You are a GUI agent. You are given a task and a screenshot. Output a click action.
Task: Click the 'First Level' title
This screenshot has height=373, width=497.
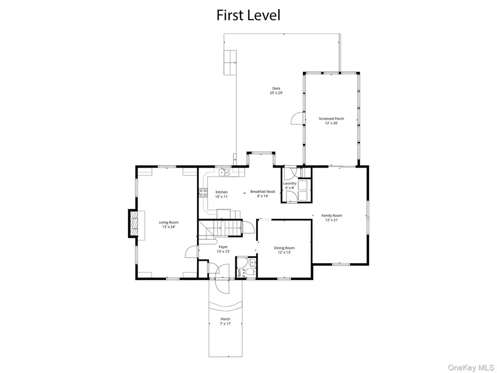pyautogui.click(x=248, y=15)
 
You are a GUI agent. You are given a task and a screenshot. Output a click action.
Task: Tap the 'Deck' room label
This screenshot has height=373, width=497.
pyautogui.click(x=276, y=88)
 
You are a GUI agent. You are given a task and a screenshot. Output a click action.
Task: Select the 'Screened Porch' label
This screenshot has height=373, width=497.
pyautogui.click(x=331, y=119)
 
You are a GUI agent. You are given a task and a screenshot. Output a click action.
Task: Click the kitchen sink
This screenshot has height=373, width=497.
pyautogui.click(x=224, y=172)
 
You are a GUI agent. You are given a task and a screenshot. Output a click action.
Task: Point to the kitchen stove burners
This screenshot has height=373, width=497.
pyautogui.click(x=203, y=192)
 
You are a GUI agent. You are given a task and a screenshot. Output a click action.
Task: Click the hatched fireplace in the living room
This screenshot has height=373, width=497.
pyautogui.click(x=133, y=223)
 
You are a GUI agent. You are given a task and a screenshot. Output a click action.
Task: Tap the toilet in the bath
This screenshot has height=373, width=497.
pyautogui.click(x=251, y=273)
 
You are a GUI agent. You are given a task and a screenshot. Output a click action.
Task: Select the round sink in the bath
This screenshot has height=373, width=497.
pyautogui.click(x=252, y=263)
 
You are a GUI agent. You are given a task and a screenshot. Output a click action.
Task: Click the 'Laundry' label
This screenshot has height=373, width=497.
pyautogui.click(x=290, y=183)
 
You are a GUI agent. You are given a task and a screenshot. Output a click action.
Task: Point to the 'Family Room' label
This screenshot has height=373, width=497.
pyautogui.click(x=331, y=216)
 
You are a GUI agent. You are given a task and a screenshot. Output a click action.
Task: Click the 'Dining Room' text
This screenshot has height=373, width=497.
pyautogui.click(x=284, y=248)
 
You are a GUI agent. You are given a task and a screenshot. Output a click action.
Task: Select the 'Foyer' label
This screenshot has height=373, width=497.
pyautogui.click(x=223, y=247)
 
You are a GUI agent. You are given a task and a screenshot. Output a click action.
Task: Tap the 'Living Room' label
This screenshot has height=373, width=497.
pyautogui.click(x=168, y=222)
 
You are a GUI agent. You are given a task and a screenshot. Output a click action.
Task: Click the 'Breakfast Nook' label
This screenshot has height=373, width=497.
pyautogui.click(x=263, y=191)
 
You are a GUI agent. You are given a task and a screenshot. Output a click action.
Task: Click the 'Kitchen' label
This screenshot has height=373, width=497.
pyautogui.click(x=221, y=192)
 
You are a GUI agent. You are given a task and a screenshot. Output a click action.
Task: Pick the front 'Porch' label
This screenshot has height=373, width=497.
pyautogui.click(x=225, y=319)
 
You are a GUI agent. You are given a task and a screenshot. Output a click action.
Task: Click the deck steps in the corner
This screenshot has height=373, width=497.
pyautogui.click(x=230, y=63)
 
